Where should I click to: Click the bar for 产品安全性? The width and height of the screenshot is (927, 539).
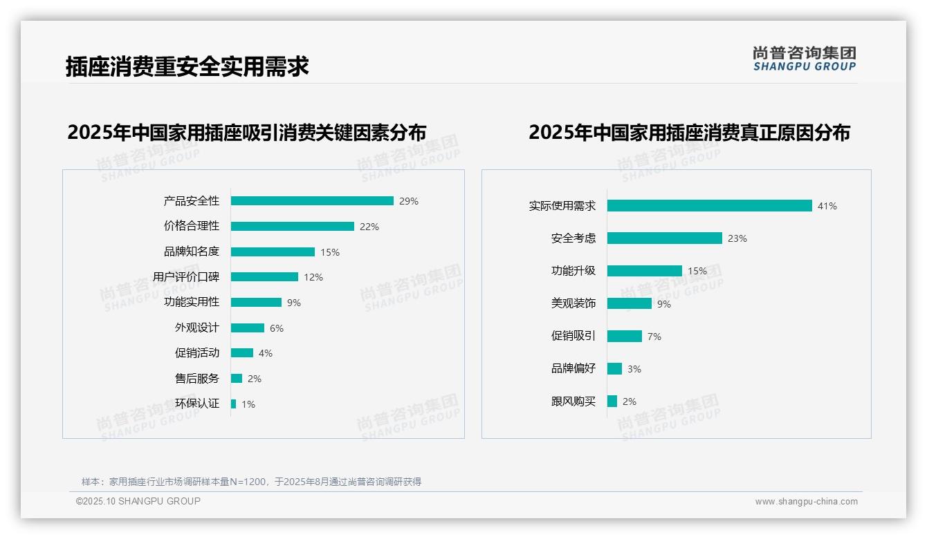pyautogui.click(x=312, y=201)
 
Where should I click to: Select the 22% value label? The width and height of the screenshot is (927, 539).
pyautogui.click(x=369, y=227)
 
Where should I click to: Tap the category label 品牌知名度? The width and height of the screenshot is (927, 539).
pyautogui.click(x=192, y=252)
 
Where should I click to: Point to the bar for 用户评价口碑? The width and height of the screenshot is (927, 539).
pyautogui.click(x=264, y=277)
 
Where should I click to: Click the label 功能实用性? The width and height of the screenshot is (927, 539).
pyautogui.click(x=192, y=302)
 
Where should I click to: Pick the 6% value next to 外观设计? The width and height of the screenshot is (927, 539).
pyautogui.click(x=277, y=328)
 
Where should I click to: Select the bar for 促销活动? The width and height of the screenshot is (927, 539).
pyautogui.click(x=242, y=353)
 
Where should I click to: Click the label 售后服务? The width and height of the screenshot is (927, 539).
pyautogui.click(x=197, y=379)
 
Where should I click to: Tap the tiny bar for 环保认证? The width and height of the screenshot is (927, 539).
pyautogui.click(x=233, y=404)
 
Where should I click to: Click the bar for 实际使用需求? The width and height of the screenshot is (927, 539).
pyautogui.click(x=709, y=206)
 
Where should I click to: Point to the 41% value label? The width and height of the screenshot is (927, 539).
pyautogui.click(x=827, y=206)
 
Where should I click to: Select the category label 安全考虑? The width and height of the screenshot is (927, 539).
pyautogui.click(x=573, y=238)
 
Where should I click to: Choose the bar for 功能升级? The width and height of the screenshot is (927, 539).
pyautogui.click(x=645, y=271)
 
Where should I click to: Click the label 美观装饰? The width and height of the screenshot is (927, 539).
pyautogui.click(x=573, y=303)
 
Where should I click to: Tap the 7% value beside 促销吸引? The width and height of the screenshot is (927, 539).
pyautogui.click(x=654, y=337)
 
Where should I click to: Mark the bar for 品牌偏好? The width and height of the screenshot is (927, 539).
pyautogui.click(x=614, y=369)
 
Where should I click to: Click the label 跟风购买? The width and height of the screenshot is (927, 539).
pyautogui.click(x=573, y=401)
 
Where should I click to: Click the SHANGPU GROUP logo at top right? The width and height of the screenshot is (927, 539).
pyautogui.click(x=805, y=59)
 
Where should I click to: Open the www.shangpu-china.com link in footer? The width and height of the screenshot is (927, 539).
pyautogui.click(x=806, y=502)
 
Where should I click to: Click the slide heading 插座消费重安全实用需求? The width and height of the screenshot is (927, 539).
pyautogui.click(x=187, y=67)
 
